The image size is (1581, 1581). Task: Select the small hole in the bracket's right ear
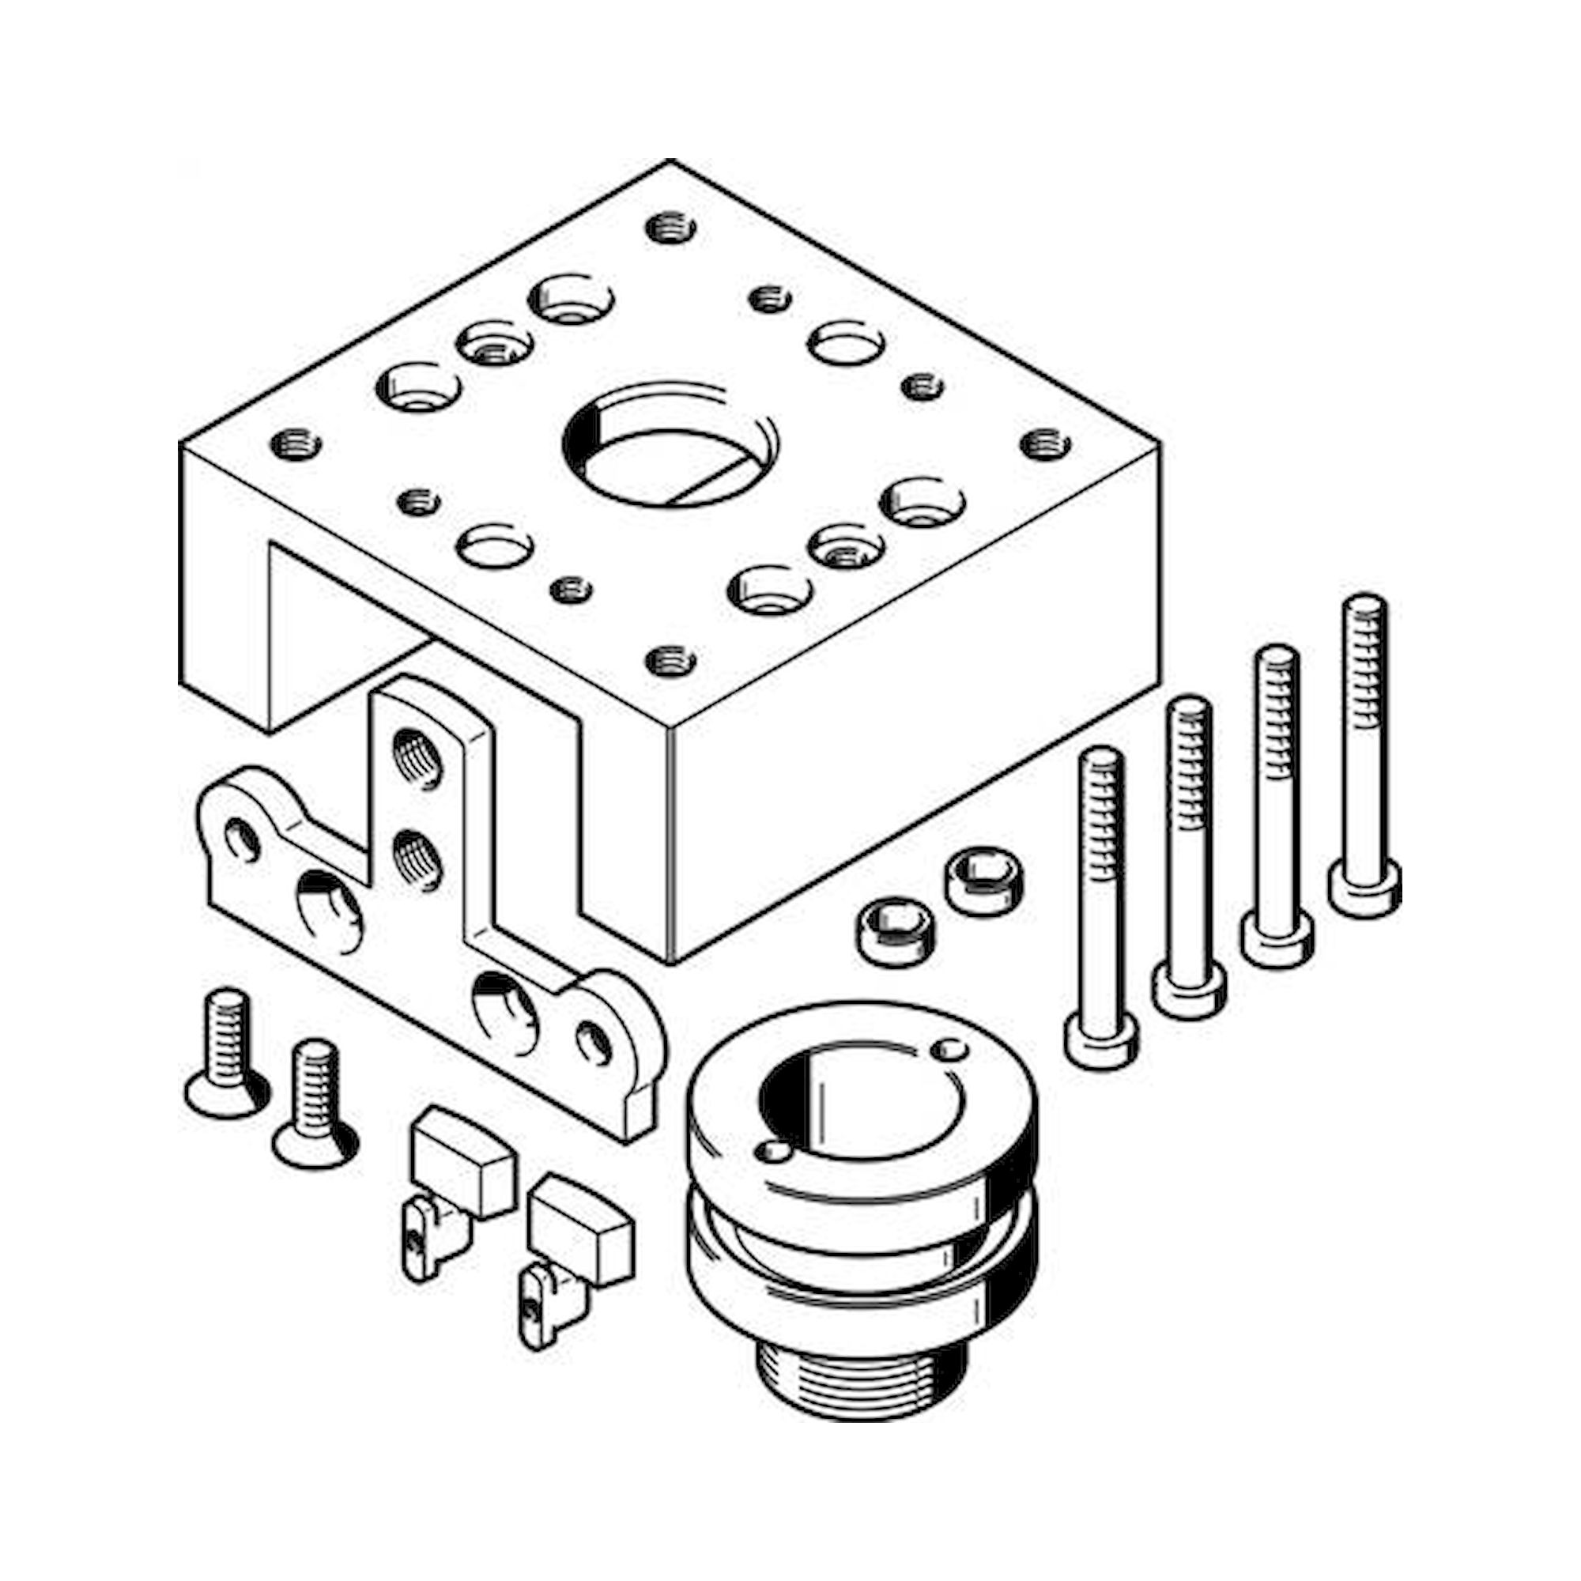point(594,1043)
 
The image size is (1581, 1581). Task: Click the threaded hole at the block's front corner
point(670,658)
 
